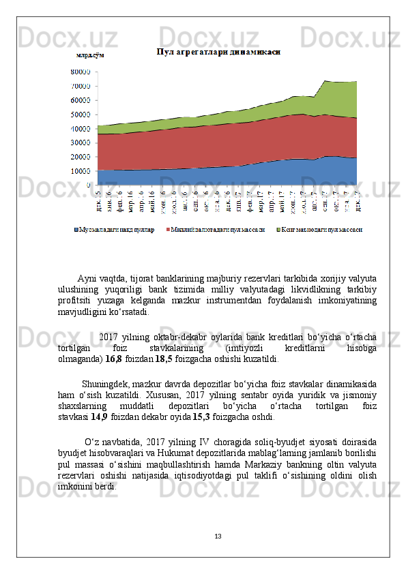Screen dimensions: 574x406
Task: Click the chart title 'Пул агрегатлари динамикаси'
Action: pos(218,52)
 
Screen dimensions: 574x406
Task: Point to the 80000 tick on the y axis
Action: pos(81,71)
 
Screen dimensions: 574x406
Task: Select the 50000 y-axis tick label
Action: pos(81,115)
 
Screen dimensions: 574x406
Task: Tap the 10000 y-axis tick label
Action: pos(81,170)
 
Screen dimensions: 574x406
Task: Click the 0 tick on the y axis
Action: pos(89,185)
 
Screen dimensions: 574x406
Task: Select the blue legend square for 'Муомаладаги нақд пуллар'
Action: pos(76,229)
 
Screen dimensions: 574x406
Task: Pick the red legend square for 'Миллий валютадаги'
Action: pos(168,229)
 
